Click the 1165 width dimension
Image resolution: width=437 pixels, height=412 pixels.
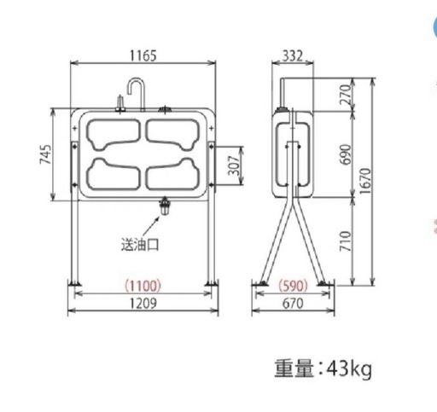143,56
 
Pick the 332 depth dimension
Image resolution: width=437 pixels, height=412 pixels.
293,56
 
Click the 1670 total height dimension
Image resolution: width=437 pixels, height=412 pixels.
368,182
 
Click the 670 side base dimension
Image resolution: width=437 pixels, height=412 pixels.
293,304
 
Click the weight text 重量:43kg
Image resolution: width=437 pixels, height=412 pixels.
323,369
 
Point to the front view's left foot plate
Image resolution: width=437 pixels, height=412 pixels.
75,283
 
